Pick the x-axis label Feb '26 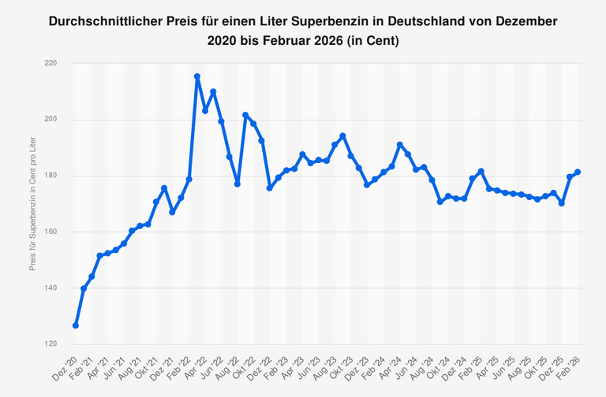pyautogui.click(x=571, y=364)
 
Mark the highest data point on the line pyautogui.click(x=197, y=76)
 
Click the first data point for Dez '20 pyautogui.click(x=76, y=325)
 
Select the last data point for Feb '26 pyautogui.click(x=578, y=172)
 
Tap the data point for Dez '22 pyautogui.click(x=270, y=187)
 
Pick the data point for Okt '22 pyautogui.click(x=245, y=115)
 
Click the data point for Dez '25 pyautogui.click(x=561, y=203)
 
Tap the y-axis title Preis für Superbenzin pyautogui.click(x=32, y=205)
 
